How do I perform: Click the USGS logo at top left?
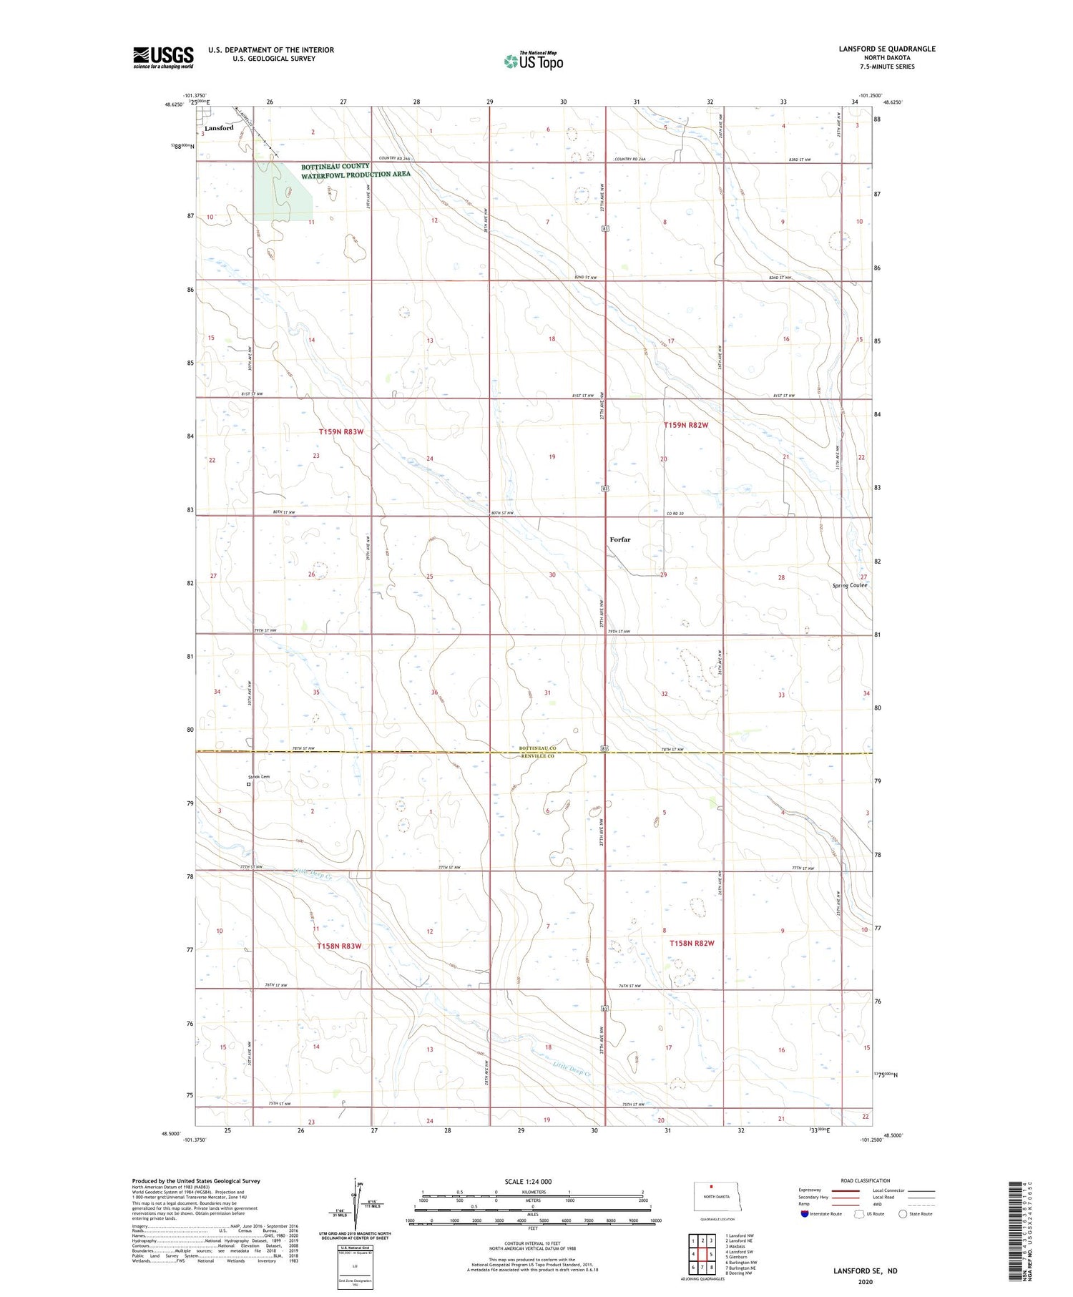[x=163, y=57]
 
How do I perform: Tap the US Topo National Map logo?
[x=534, y=62]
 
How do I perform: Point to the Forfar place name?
[x=620, y=539]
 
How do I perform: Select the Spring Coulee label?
[x=849, y=585]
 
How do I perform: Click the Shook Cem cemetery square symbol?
[x=249, y=784]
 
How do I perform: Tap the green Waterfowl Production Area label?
[x=356, y=170]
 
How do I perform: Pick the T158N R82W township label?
[x=692, y=943]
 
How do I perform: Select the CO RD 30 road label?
[x=675, y=514]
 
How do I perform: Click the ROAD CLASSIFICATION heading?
[x=866, y=1180]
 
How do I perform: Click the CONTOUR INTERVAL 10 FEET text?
[x=532, y=1244]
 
